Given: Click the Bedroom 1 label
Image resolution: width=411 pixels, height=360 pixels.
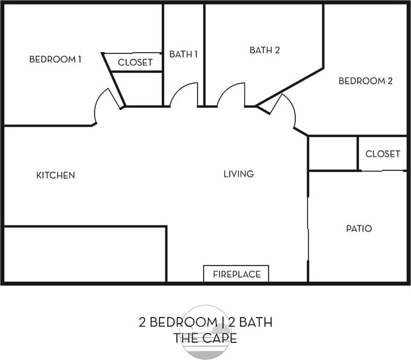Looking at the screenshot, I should click(x=55, y=59).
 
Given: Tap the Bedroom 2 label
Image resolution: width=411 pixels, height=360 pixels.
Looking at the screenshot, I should click(x=366, y=81).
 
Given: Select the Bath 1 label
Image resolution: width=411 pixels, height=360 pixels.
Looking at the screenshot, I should click(x=183, y=54).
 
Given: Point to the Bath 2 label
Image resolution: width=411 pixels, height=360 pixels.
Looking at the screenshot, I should click(x=264, y=50).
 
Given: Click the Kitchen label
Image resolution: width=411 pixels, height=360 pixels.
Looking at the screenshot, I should click(x=55, y=175).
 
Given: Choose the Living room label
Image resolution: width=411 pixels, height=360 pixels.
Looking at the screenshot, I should click(x=238, y=174).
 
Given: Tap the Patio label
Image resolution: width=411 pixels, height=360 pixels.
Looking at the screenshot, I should click(x=359, y=228).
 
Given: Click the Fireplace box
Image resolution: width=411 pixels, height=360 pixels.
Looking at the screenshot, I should click(x=236, y=274).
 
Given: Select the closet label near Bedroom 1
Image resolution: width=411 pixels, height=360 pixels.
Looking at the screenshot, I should click(x=135, y=62).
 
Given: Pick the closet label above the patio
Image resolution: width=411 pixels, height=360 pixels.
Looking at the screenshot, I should click(x=383, y=154).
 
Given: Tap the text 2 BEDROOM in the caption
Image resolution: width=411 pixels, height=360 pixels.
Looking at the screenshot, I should click(x=177, y=322).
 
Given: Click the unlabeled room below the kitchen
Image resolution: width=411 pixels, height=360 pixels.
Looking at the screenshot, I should click(x=84, y=254).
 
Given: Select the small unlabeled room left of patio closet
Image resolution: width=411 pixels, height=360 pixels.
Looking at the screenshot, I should click(x=333, y=153).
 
